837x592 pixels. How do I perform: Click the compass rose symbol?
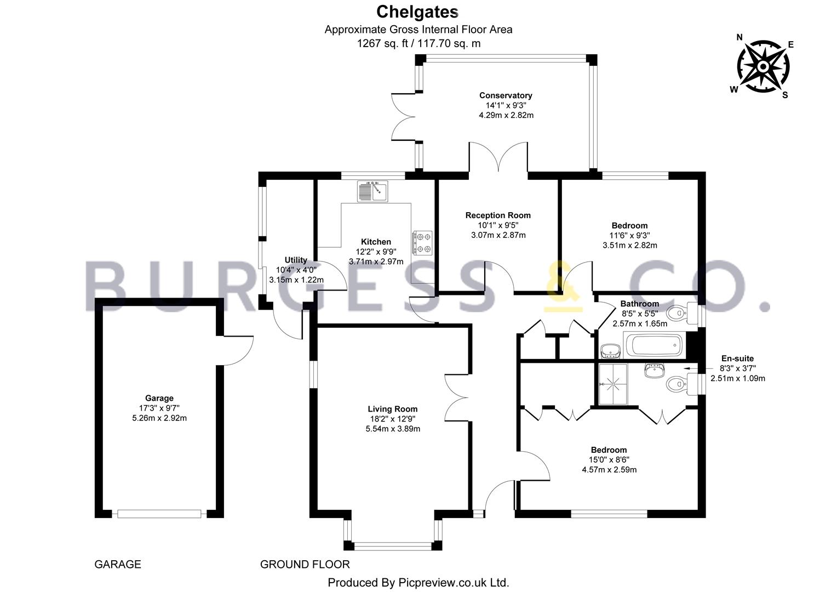pyautogui.click(x=763, y=66)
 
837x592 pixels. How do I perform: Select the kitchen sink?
pyautogui.click(x=372, y=191)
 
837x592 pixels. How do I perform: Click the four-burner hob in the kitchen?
pyautogui.click(x=422, y=243)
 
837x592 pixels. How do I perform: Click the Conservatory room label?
pyautogui.click(x=506, y=95)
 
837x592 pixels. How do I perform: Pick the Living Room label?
pyautogui.click(x=392, y=409)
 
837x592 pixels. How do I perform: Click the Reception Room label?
pyautogui.click(x=498, y=215)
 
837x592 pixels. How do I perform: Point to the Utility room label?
pyautogui.click(x=296, y=260)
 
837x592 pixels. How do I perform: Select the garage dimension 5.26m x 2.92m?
pyautogui.click(x=159, y=418)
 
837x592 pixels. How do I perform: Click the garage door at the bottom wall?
pyautogui.click(x=159, y=514)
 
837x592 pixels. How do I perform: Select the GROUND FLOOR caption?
pyautogui.click(x=305, y=564)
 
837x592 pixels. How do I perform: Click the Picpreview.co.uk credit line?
pyautogui.click(x=418, y=582)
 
